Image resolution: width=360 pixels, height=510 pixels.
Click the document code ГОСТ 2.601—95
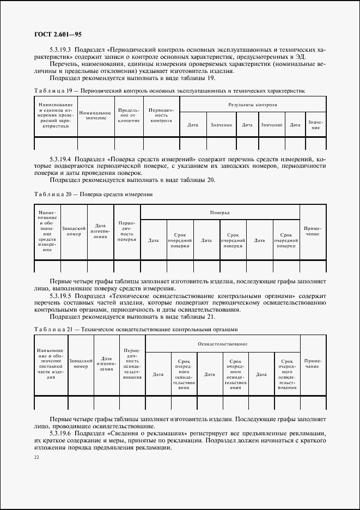[x=50, y=34]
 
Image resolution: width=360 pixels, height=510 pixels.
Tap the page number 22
[x=36, y=458]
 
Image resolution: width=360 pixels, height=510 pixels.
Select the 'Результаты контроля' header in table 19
[x=253, y=104]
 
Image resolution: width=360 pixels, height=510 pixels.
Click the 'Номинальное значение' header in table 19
[x=96, y=116]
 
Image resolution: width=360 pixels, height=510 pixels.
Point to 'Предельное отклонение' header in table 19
[x=129, y=116]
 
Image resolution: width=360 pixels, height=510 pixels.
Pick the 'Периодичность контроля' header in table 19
[x=161, y=116]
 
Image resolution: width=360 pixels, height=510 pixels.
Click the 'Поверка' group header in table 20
[x=220, y=212]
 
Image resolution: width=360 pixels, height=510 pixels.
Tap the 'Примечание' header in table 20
[x=313, y=231]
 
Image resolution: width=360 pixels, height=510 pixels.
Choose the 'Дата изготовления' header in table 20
[x=100, y=231]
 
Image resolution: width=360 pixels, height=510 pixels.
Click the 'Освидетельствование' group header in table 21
[x=223, y=344]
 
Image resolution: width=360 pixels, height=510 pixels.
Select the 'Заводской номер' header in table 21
[x=80, y=363]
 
